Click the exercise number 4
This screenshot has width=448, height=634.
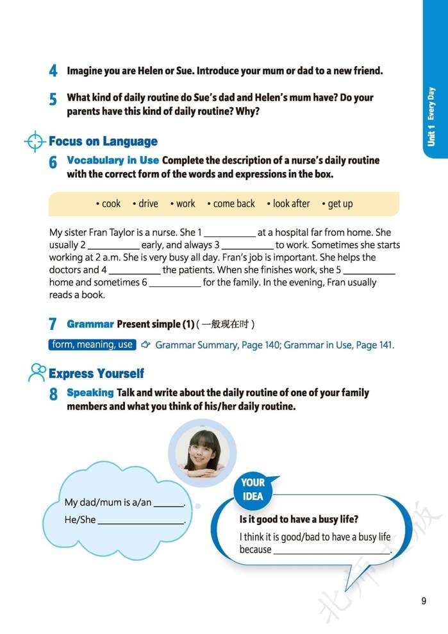coord(53,71)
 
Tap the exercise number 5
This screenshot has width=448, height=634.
coord(53,100)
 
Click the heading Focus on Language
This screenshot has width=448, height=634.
coord(103,141)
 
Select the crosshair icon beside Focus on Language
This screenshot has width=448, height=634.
coord(35,141)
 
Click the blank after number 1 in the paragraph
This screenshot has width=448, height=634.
coord(229,234)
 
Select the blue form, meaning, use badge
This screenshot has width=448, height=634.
coord(92,345)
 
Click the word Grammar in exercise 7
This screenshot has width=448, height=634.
coord(90,324)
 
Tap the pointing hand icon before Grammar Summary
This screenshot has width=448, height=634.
coord(145,345)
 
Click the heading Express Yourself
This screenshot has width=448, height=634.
coord(96,373)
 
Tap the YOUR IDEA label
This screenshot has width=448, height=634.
coord(253,489)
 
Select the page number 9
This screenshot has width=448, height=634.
coord(424,601)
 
